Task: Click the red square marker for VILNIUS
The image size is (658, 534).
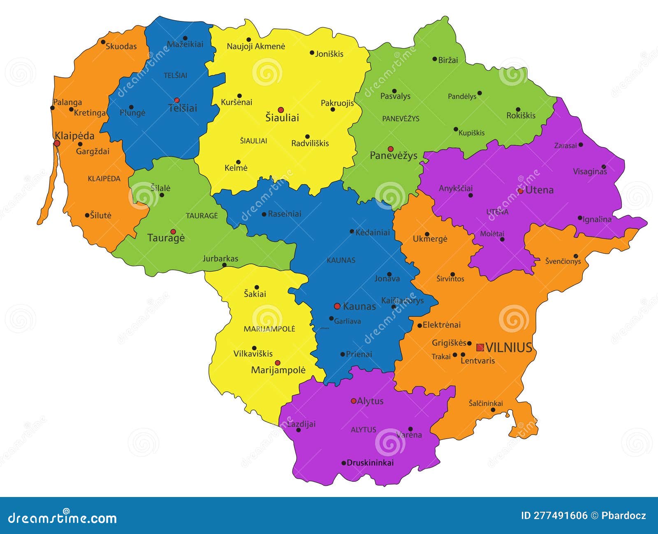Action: pos(480,347)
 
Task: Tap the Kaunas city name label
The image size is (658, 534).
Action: pos(359,306)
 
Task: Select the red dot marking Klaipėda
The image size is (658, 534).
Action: pos(57,143)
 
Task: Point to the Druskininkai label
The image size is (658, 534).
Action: pos(370,462)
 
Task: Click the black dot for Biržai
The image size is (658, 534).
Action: pos(435,59)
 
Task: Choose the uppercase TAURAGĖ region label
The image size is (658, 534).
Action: pos(202,216)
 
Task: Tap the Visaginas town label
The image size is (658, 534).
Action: pos(590,172)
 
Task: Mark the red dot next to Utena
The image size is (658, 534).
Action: pos(521,191)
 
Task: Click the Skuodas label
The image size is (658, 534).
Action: pos(121,46)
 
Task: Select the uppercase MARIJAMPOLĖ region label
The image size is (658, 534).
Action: pos(269,329)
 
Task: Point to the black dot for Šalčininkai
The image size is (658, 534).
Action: pos(493,410)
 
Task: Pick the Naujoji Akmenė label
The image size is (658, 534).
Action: pos(256,46)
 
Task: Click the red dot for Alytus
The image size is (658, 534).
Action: pos(354,401)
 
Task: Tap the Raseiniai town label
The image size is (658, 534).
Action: pos(284,214)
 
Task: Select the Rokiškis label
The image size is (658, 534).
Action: pos(521,116)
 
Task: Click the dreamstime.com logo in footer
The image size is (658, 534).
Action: pos(63,518)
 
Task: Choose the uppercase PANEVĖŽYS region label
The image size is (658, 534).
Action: pos(401,119)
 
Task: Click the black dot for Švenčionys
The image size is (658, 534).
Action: pos(576,256)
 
